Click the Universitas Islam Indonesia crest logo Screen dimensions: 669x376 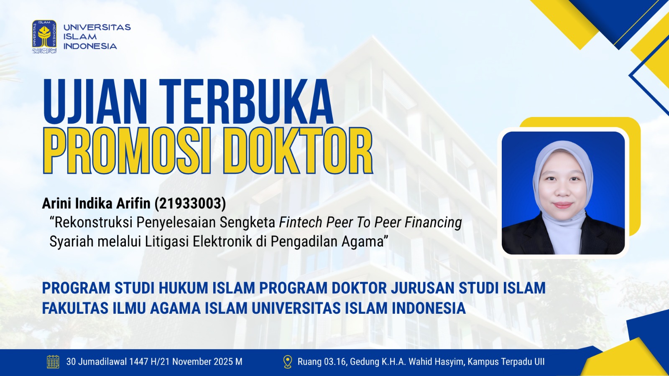[x=44, y=36]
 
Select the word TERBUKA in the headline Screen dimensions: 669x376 [x=246, y=102]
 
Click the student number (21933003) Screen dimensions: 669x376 [x=190, y=203]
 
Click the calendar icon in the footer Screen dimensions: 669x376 [x=53, y=362]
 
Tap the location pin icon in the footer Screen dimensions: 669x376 [x=287, y=362]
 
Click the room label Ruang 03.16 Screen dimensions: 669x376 [x=322, y=362]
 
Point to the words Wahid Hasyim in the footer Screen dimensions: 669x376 [x=437, y=362]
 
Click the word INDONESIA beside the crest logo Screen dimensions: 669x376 [x=90, y=46]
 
